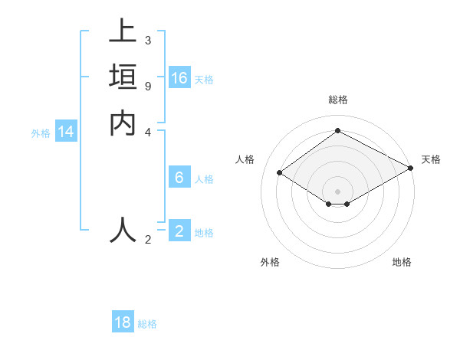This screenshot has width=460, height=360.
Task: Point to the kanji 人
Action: coord(123,228)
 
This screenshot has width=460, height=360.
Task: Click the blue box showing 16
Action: coord(179,78)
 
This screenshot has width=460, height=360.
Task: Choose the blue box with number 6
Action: coord(179,178)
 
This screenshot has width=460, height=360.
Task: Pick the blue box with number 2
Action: coord(179,231)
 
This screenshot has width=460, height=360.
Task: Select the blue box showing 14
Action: coord(66,132)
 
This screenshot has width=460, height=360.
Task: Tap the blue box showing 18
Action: coord(123,322)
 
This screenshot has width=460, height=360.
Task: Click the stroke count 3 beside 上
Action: coord(148,40)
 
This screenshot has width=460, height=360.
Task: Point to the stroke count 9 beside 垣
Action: coord(148,86)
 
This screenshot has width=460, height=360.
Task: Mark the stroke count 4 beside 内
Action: coord(148,132)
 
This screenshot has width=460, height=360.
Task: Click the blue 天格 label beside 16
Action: coord(204,80)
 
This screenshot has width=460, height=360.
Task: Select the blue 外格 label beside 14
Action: coord(41,133)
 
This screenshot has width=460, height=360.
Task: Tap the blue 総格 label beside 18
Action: coord(147,324)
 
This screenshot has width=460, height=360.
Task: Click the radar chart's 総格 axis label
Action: coord(338,100)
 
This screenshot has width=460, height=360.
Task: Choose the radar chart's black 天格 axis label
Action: coord(431,159)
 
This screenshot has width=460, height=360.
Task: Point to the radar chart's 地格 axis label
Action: coord(402,262)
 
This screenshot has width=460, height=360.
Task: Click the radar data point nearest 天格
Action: coord(411,169)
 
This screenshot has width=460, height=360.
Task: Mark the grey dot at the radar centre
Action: coord(338,191)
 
